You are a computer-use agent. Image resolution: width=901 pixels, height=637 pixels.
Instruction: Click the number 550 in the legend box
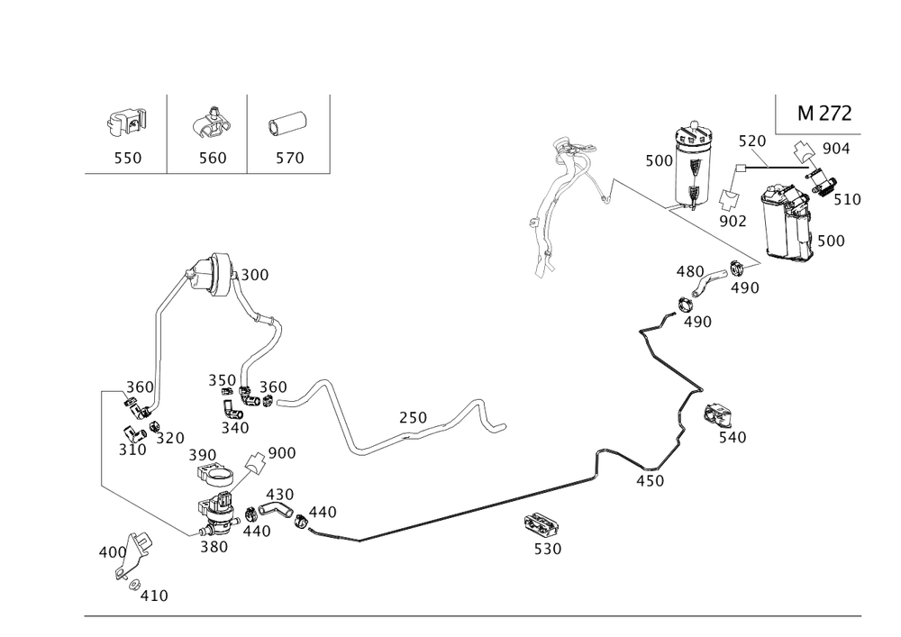coord(127,158)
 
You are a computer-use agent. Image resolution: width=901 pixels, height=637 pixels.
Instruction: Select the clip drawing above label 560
coord(210,123)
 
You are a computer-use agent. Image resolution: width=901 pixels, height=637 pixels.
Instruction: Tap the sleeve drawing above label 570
coord(288,123)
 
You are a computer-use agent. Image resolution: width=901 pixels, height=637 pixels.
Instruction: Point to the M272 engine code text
coord(825,114)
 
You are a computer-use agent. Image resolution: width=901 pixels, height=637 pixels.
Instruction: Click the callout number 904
coord(836,148)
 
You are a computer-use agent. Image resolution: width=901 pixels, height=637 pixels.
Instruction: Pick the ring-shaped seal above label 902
coord(729,198)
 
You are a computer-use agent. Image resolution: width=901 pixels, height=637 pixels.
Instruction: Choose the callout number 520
coord(751,141)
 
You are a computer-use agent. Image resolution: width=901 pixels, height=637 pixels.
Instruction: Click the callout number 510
coord(847,199)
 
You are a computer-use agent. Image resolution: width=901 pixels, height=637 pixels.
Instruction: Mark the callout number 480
coord(690,271)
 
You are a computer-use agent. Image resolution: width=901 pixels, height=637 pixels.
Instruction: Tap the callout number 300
coord(255,275)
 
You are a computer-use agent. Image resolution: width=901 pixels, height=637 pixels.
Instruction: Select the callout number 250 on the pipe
coord(414,417)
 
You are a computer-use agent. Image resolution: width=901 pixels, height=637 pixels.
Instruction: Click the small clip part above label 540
coord(717,415)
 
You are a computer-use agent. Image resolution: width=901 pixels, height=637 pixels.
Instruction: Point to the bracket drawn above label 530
coord(541,523)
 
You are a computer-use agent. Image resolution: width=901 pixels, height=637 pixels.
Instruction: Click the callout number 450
coord(649,481)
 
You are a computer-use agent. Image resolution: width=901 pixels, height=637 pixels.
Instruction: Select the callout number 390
coord(203,453)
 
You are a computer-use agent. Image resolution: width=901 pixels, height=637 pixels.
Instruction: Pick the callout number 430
coord(280,495)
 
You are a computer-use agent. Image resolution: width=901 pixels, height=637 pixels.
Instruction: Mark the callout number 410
coord(155,596)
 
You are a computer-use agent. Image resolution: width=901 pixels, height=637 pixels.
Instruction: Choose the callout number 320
coord(170,438)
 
